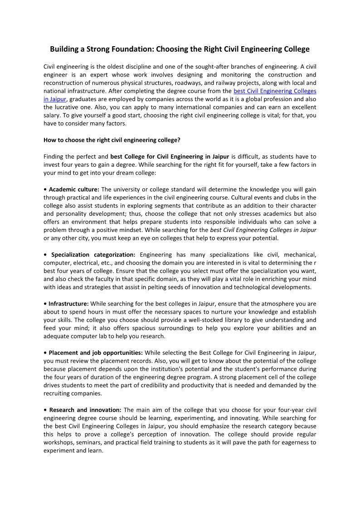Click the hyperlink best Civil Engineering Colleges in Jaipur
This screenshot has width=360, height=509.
(x=275, y=91)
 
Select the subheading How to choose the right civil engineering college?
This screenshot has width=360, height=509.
(x=112, y=140)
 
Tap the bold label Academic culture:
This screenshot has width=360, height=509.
(x=74, y=189)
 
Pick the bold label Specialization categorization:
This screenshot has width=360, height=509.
(x=93, y=255)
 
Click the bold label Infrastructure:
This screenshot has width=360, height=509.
(x=69, y=304)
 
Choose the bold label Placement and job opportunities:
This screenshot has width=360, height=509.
(x=96, y=353)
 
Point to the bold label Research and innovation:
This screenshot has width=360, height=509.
(x=85, y=410)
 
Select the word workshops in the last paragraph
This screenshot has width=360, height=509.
(x=58, y=442)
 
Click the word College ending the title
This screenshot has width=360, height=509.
(x=297, y=49)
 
